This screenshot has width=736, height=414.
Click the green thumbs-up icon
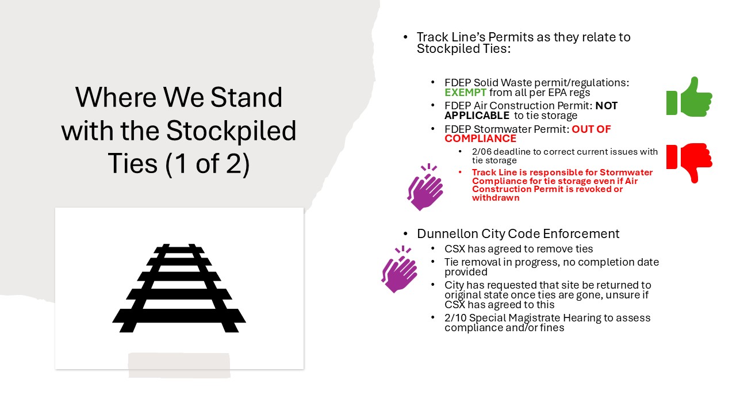coord(689,97)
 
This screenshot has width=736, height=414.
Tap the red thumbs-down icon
coord(689,163)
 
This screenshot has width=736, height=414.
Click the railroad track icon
coord(179,288)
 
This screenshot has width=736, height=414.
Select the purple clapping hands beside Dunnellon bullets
coord(400,269)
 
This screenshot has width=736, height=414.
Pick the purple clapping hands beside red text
coord(425,187)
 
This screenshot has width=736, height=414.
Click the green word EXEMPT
coord(465,93)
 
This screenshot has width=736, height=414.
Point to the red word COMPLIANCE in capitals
coord(480,139)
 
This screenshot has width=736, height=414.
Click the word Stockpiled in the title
coord(231,131)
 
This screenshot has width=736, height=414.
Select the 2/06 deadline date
coord(481,152)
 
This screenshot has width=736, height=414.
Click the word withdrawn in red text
coord(496,198)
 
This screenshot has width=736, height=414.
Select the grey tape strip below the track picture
coord(179,365)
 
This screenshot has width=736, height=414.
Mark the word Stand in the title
coord(246,97)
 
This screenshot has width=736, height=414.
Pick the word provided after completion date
coord(466,272)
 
